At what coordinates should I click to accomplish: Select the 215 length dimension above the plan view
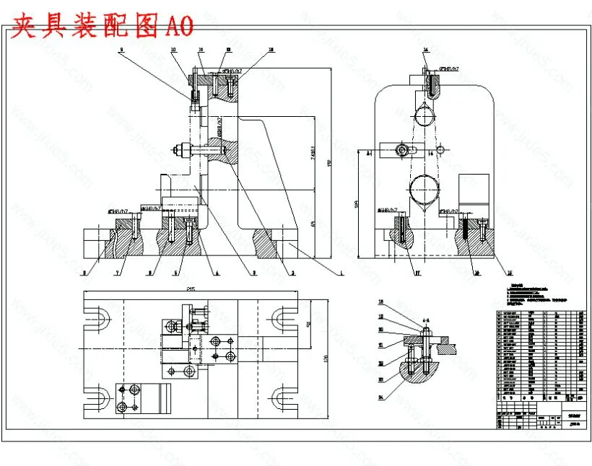tap(191, 289)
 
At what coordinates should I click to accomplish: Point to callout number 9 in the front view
tap(121, 50)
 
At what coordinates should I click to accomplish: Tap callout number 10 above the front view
tap(173, 50)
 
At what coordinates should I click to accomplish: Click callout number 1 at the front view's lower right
tap(340, 273)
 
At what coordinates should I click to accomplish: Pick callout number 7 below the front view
tap(117, 273)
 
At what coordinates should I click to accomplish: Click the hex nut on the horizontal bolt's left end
tap(178, 150)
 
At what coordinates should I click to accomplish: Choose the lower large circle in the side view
tap(423, 192)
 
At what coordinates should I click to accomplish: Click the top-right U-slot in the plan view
tap(282, 317)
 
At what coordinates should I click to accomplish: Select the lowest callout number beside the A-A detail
tap(380, 397)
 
